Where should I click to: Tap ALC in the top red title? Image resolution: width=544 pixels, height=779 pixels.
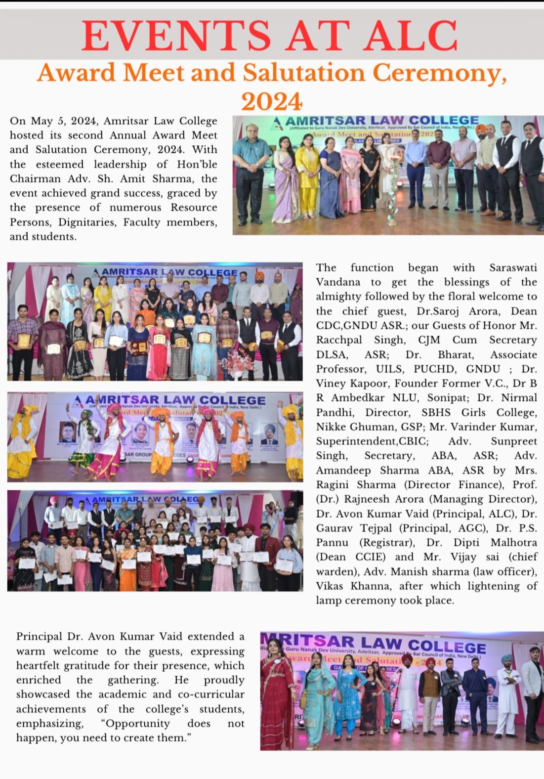(x=413, y=35)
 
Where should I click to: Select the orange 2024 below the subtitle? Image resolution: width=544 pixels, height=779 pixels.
(x=271, y=101)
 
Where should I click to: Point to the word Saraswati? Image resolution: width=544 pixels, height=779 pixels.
(x=513, y=267)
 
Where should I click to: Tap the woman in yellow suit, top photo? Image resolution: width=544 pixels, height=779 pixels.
(x=307, y=173)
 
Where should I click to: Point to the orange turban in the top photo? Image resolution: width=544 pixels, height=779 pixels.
(x=479, y=130)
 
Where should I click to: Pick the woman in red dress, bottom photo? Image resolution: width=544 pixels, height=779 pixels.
(x=277, y=692)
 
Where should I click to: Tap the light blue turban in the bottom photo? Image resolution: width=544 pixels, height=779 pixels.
(x=508, y=658)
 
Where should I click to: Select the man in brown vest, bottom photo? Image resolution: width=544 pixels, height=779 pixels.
(x=430, y=692)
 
